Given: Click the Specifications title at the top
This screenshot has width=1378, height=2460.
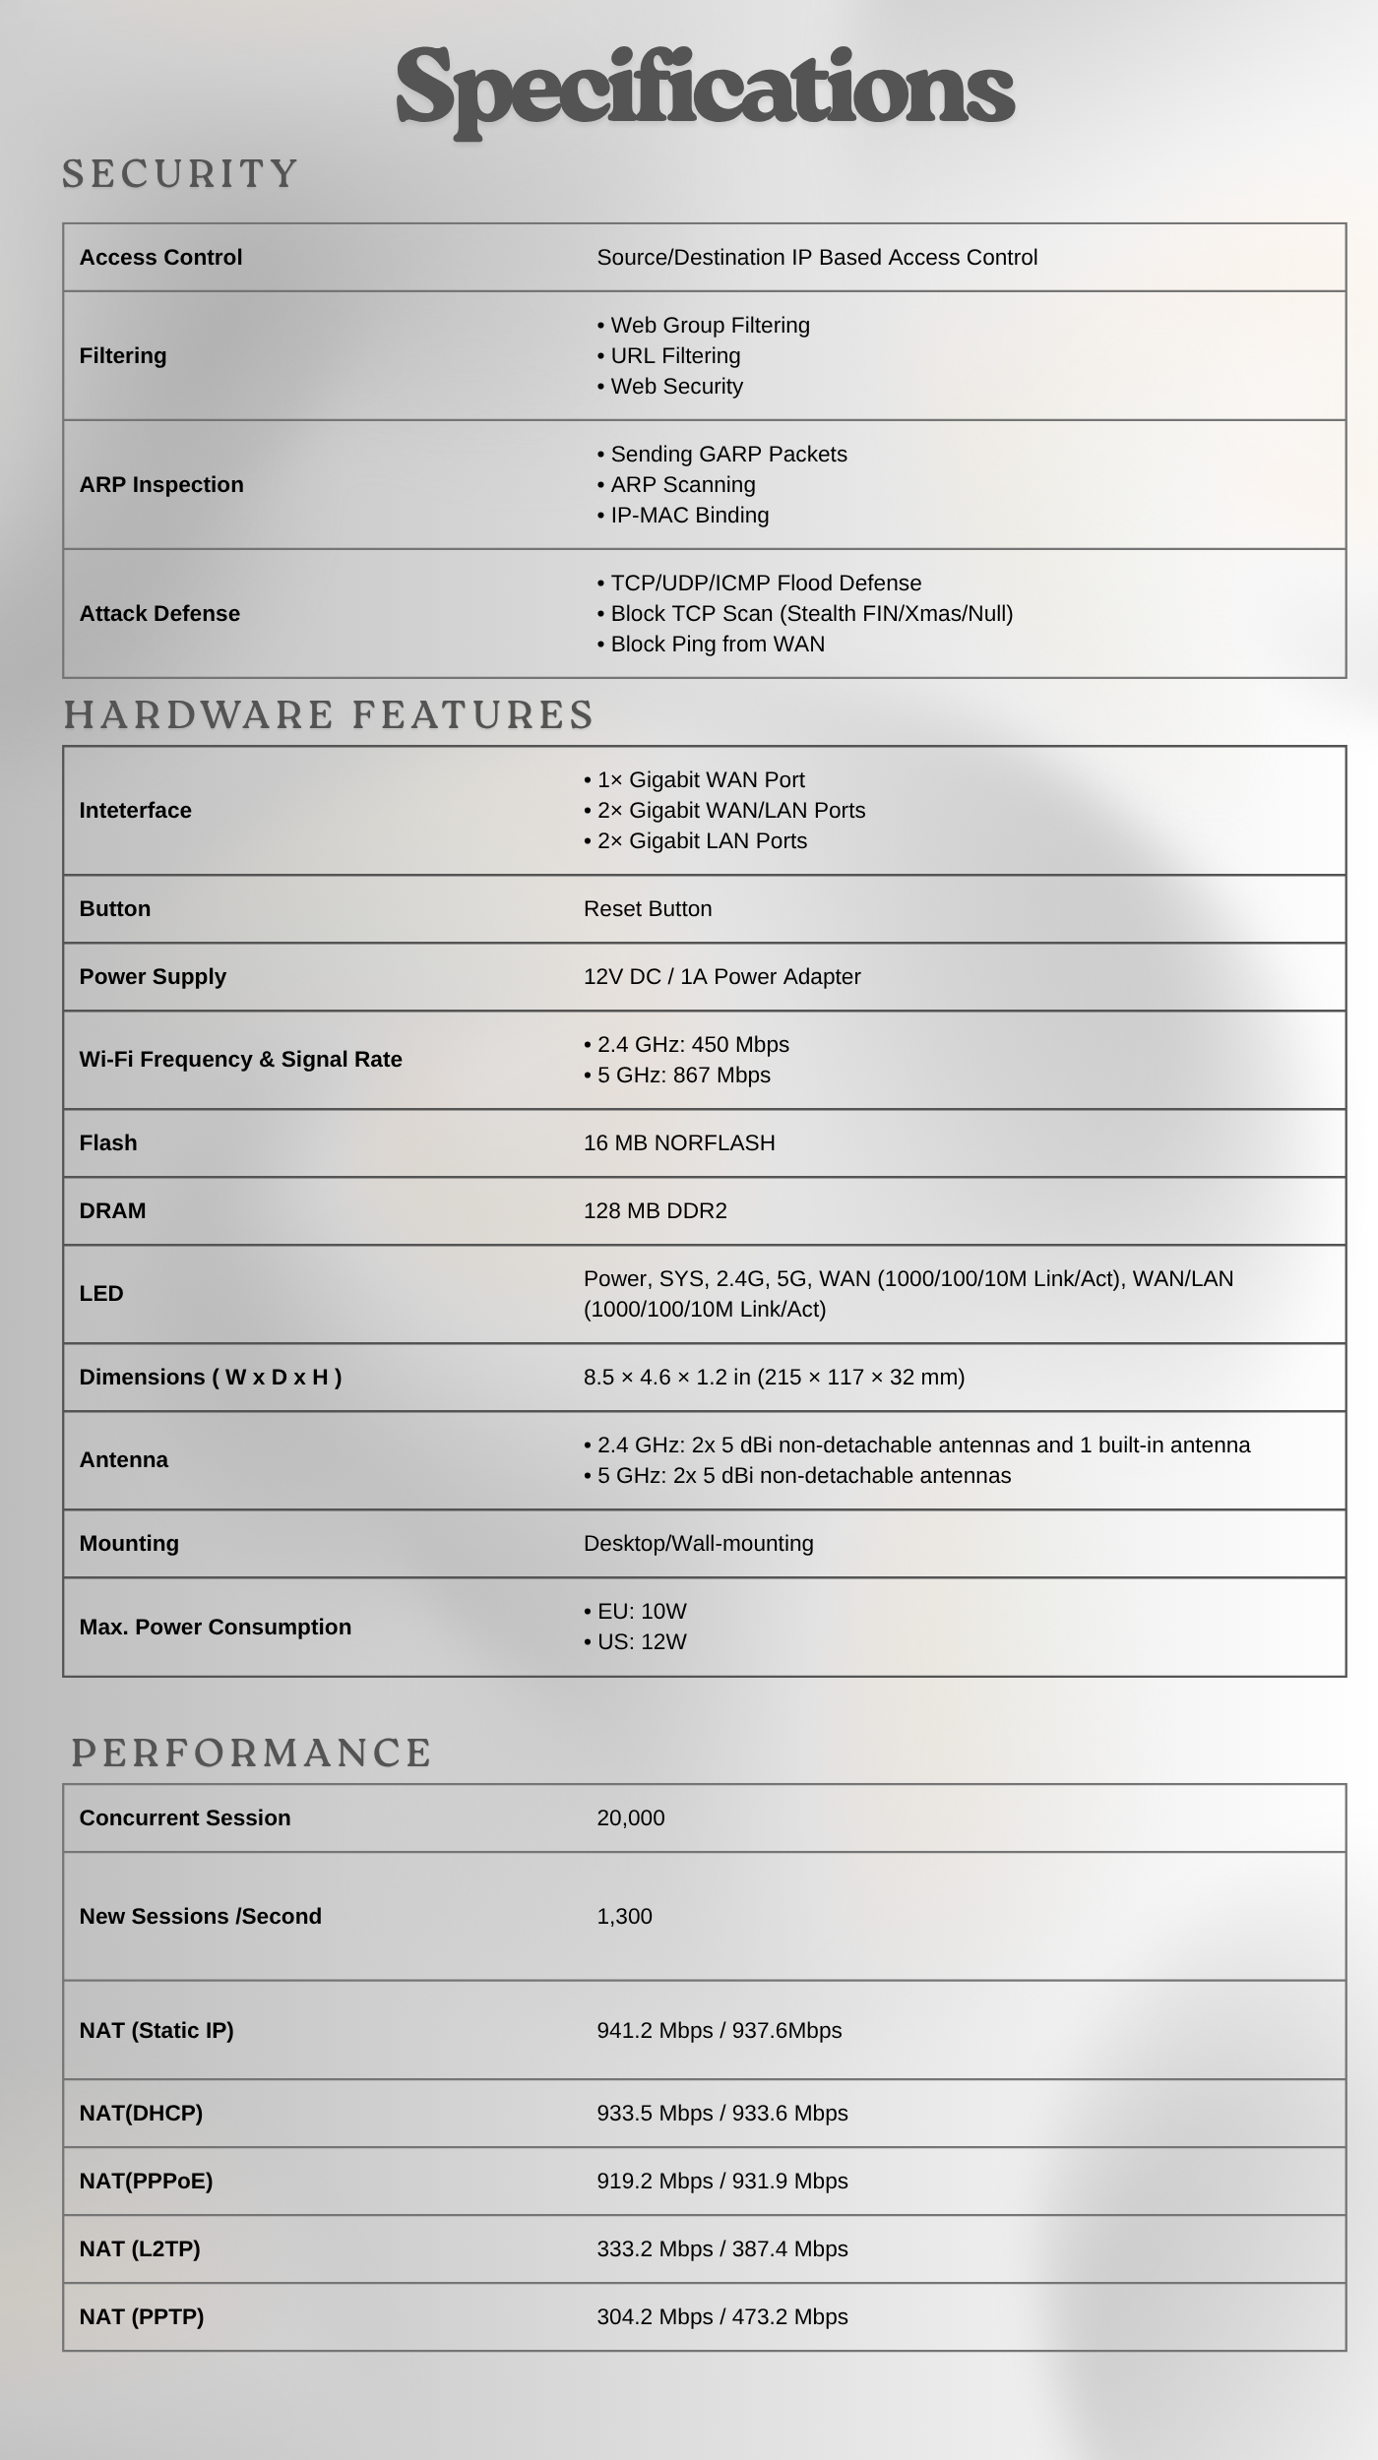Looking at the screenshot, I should (704, 89).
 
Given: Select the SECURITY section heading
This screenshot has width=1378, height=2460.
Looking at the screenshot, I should (180, 174).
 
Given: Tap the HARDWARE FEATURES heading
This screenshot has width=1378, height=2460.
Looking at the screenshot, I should (329, 714).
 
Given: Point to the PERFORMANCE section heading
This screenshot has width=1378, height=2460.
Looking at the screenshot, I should (252, 1753).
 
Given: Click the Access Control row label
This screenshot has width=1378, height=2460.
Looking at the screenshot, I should (160, 258).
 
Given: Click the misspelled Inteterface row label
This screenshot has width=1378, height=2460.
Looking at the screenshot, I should (136, 811).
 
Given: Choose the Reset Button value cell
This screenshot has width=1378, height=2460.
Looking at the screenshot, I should (648, 909).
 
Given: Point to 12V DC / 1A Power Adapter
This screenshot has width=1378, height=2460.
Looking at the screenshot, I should (721, 977).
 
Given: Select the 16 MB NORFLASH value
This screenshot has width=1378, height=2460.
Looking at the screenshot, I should (679, 1143).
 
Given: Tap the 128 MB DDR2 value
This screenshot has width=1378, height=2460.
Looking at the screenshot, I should (655, 1211).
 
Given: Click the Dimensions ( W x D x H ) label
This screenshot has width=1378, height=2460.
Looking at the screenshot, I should (211, 1378).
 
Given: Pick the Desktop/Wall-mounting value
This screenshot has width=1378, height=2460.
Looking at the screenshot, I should (698, 1544).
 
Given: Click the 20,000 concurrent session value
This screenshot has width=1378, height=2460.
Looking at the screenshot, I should (630, 1818).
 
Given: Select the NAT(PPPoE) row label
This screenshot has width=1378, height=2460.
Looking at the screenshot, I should (146, 2182).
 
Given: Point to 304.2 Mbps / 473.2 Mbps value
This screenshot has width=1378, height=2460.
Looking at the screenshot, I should (721, 2317).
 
